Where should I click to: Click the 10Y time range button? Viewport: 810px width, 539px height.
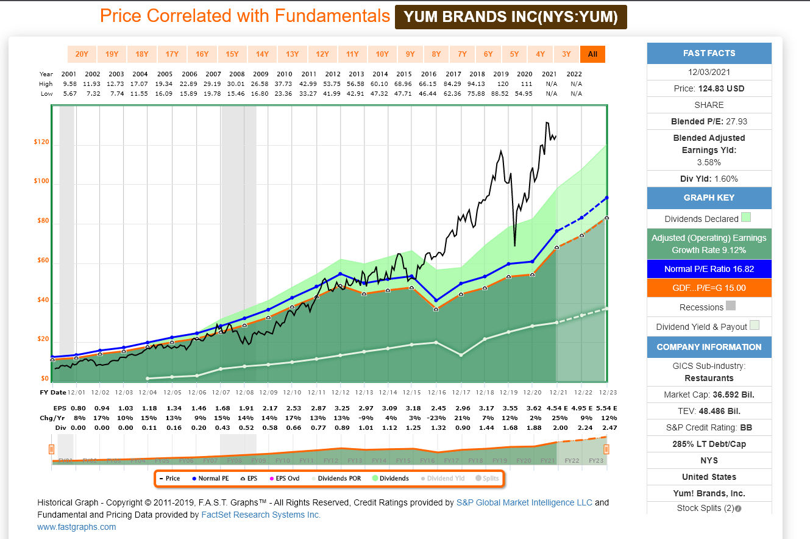tap(382, 54)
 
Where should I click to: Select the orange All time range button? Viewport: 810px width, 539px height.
tap(592, 54)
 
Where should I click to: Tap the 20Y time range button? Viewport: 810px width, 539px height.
tap(82, 54)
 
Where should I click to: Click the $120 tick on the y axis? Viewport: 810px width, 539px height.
tap(41, 142)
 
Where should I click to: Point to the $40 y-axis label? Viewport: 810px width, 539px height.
tap(41, 300)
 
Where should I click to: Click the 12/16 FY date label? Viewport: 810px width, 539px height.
tap(436, 392)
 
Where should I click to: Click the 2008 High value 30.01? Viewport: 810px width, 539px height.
tap(236, 84)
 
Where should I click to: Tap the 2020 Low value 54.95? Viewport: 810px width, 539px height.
tap(524, 93)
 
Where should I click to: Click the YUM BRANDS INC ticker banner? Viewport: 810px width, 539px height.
tap(511, 17)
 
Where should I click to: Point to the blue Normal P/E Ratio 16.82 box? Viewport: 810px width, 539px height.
tap(709, 269)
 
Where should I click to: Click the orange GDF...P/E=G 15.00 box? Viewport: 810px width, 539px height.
tap(709, 288)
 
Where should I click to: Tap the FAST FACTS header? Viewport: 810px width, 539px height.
tap(709, 54)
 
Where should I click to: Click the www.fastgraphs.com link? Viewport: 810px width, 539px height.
tap(77, 527)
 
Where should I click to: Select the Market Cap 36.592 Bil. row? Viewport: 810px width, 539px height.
tap(709, 395)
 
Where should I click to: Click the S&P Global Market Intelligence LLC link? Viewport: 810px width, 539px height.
tap(524, 502)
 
